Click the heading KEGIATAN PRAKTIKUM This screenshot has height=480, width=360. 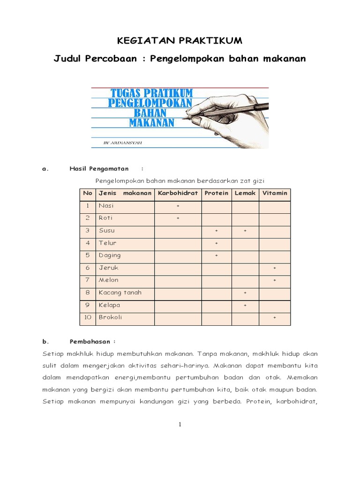tap(180, 41)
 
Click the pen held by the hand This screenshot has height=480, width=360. tap(230, 112)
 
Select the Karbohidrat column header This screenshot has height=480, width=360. tap(178, 193)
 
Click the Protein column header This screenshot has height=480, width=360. tap(217, 193)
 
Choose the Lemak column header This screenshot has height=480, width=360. tap(245, 193)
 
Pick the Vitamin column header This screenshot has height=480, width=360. tap(275, 193)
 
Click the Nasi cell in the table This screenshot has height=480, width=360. tap(106, 206)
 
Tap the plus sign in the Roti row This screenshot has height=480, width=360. tap(178, 218)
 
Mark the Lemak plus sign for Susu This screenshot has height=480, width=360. tap(245, 231)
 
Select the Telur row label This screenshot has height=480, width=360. tap(107, 243)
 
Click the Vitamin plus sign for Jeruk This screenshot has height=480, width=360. tap(275, 268)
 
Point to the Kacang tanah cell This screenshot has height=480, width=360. tap(120, 292)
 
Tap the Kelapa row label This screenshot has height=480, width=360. tap(109, 305)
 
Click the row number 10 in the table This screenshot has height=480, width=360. tap(87, 317)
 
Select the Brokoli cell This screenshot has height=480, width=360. tap(110, 317)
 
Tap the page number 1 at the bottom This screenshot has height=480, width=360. tap(180, 425)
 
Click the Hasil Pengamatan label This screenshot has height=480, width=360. tap(99, 169)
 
